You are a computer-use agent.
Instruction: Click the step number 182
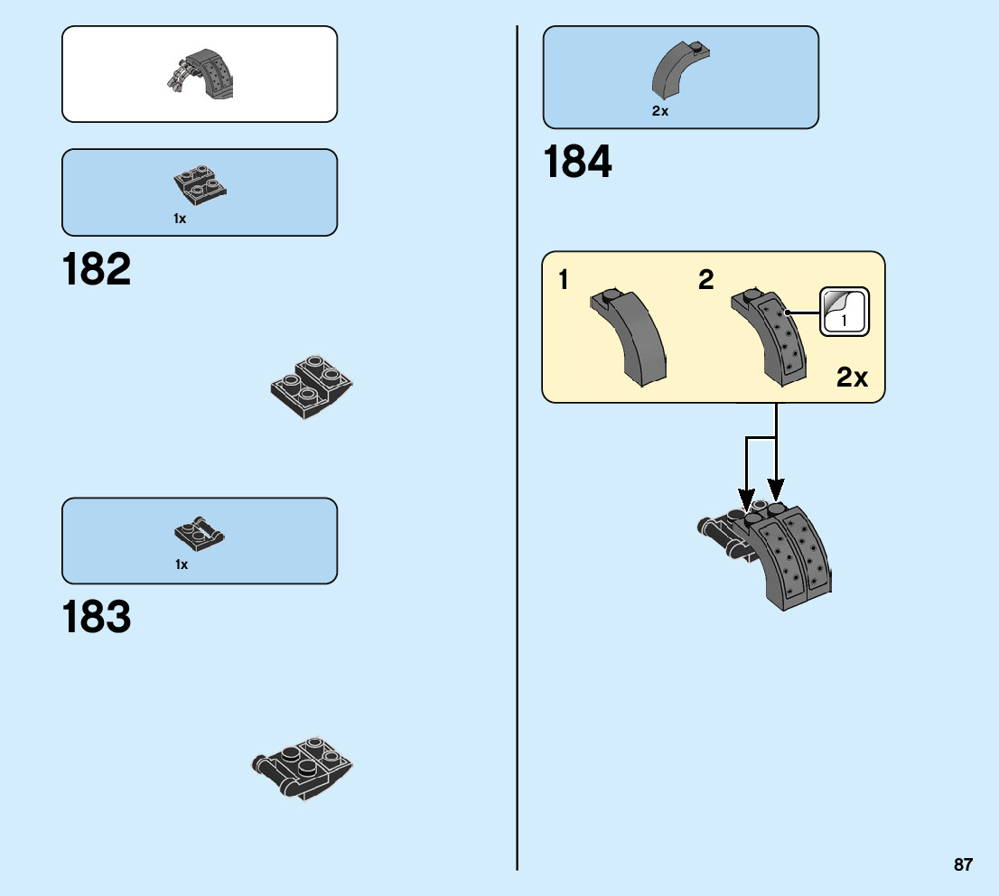[97, 270]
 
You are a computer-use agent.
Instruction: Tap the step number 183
[97, 618]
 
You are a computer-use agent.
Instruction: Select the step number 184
[577, 163]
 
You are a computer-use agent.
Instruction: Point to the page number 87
[963, 864]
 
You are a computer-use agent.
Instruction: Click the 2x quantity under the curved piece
[659, 111]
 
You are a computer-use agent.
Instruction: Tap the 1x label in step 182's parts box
[180, 219]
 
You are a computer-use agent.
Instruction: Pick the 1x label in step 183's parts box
[182, 565]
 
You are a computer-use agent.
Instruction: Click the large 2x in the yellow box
[852, 377]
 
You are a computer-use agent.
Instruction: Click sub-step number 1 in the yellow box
[564, 280]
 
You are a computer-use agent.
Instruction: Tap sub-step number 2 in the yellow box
[705, 280]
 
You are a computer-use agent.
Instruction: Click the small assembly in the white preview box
[201, 74]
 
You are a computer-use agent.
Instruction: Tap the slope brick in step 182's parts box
[200, 184]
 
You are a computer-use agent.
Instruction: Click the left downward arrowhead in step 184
[746, 498]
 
